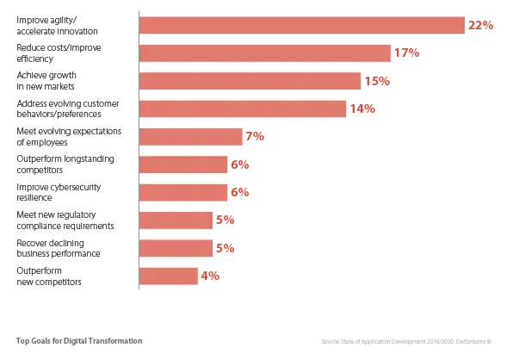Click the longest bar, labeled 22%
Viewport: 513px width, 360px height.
click(x=301, y=26)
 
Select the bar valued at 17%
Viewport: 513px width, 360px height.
click(x=264, y=53)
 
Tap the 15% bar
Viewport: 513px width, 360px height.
click(x=250, y=81)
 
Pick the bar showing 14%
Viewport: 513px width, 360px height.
click(x=243, y=109)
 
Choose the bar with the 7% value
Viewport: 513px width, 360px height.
click(x=190, y=137)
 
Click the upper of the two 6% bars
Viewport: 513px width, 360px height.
click(x=182, y=164)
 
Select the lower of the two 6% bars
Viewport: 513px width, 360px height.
click(x=182, y=192)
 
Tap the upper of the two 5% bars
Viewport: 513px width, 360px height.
click(x=176, y=220)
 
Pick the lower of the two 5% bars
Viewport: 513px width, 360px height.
click(x=176, y=248)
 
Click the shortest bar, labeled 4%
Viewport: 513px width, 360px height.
click(x=168, y=276)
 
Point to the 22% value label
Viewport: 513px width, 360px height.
click(x=481, y=26)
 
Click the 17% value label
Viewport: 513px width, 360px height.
click(x=406, y=53)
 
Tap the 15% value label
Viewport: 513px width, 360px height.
click(x=377, y=82)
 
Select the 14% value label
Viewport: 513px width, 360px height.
click(x=363, y=109)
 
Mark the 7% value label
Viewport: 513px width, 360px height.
click(x=256, y=137)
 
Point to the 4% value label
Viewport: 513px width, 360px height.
click(x=210, y=276)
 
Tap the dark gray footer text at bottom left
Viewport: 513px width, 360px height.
click(x=78, y=343)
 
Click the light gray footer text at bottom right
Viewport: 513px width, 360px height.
click(x=405, y=343)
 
